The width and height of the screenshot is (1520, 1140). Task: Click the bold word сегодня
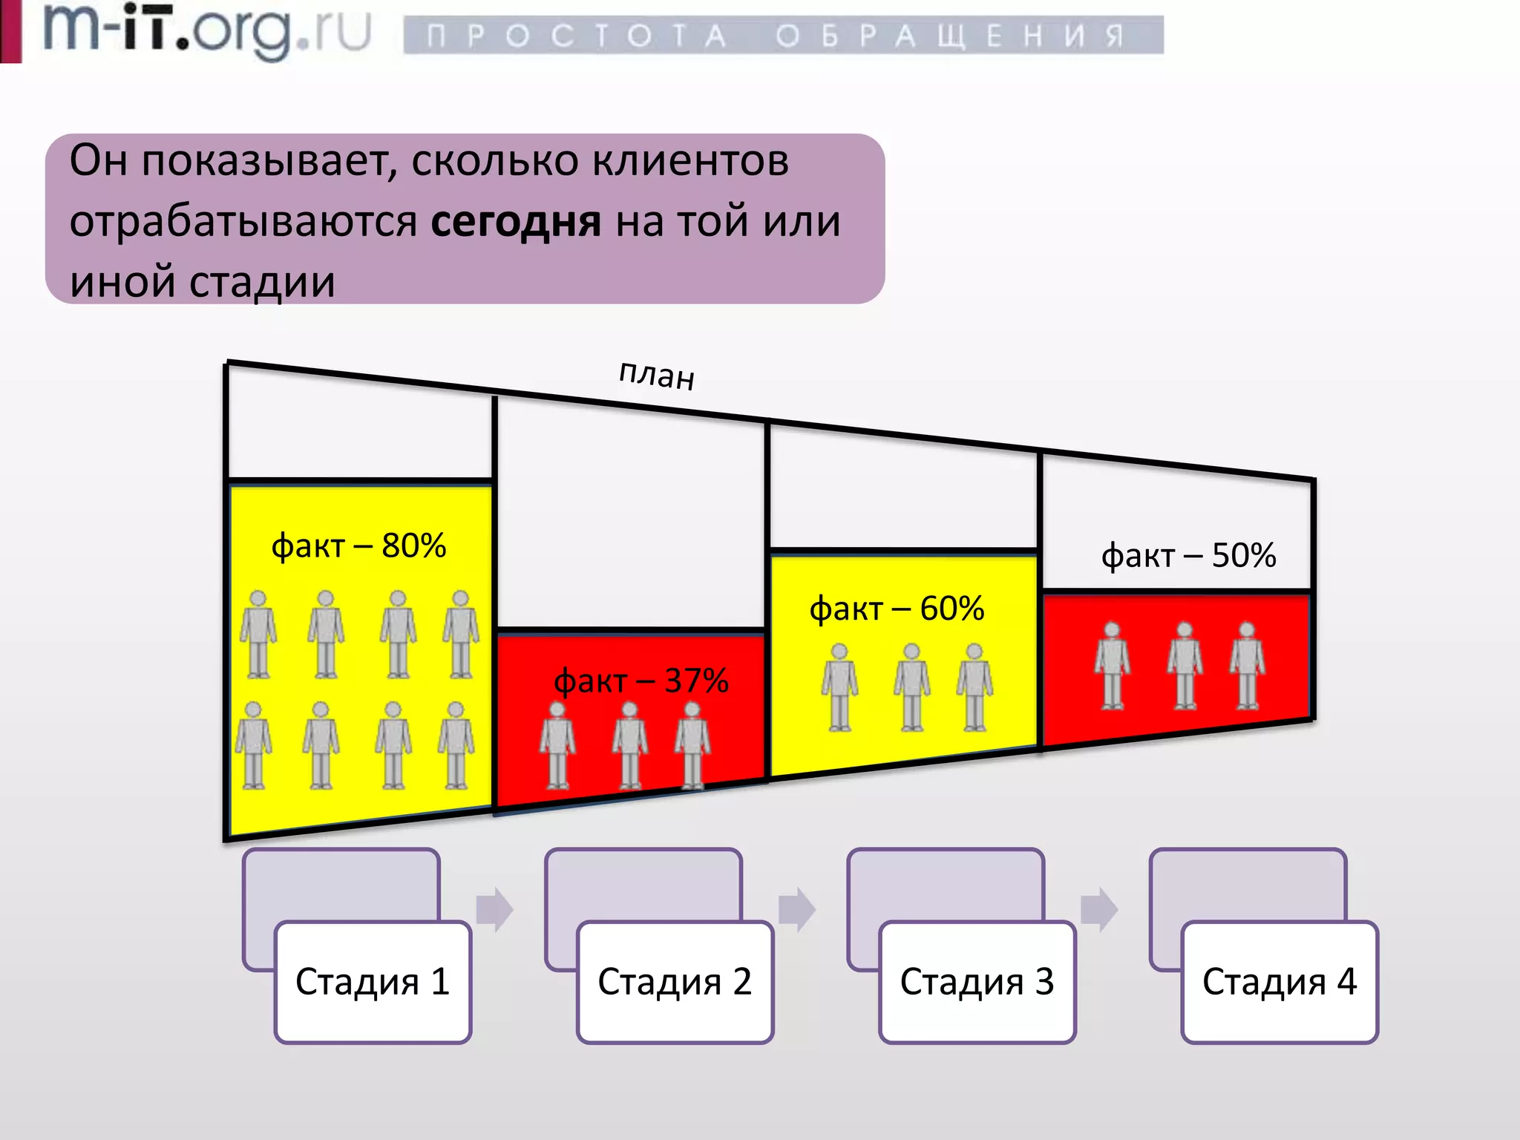(516, 221)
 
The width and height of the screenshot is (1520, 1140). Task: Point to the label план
(657, 374)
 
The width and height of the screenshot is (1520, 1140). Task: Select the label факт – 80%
(358, 546)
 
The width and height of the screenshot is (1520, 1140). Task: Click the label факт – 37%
(641, 681)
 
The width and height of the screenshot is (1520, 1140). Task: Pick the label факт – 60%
(897, 609)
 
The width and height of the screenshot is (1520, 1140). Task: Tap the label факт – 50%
(1188, 556)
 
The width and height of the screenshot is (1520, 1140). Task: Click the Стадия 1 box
(373, 981)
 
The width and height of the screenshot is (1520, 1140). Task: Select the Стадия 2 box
(675, 981)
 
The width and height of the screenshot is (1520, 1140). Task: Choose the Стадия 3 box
(977, 981)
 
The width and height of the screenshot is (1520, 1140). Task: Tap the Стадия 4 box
(1280, 981)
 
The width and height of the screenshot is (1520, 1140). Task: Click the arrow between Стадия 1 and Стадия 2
(494, 908)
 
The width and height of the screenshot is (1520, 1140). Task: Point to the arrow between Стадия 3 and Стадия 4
(1099, 908)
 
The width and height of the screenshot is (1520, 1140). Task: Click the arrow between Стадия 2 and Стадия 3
(797, 908)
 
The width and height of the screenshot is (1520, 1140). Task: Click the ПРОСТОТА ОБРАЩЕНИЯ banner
(783, 35)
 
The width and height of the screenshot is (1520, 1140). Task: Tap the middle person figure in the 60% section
(911, 687)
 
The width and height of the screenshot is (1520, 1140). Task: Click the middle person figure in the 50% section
(1185, 666)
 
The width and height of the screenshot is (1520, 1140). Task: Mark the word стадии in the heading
(262, 282)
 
